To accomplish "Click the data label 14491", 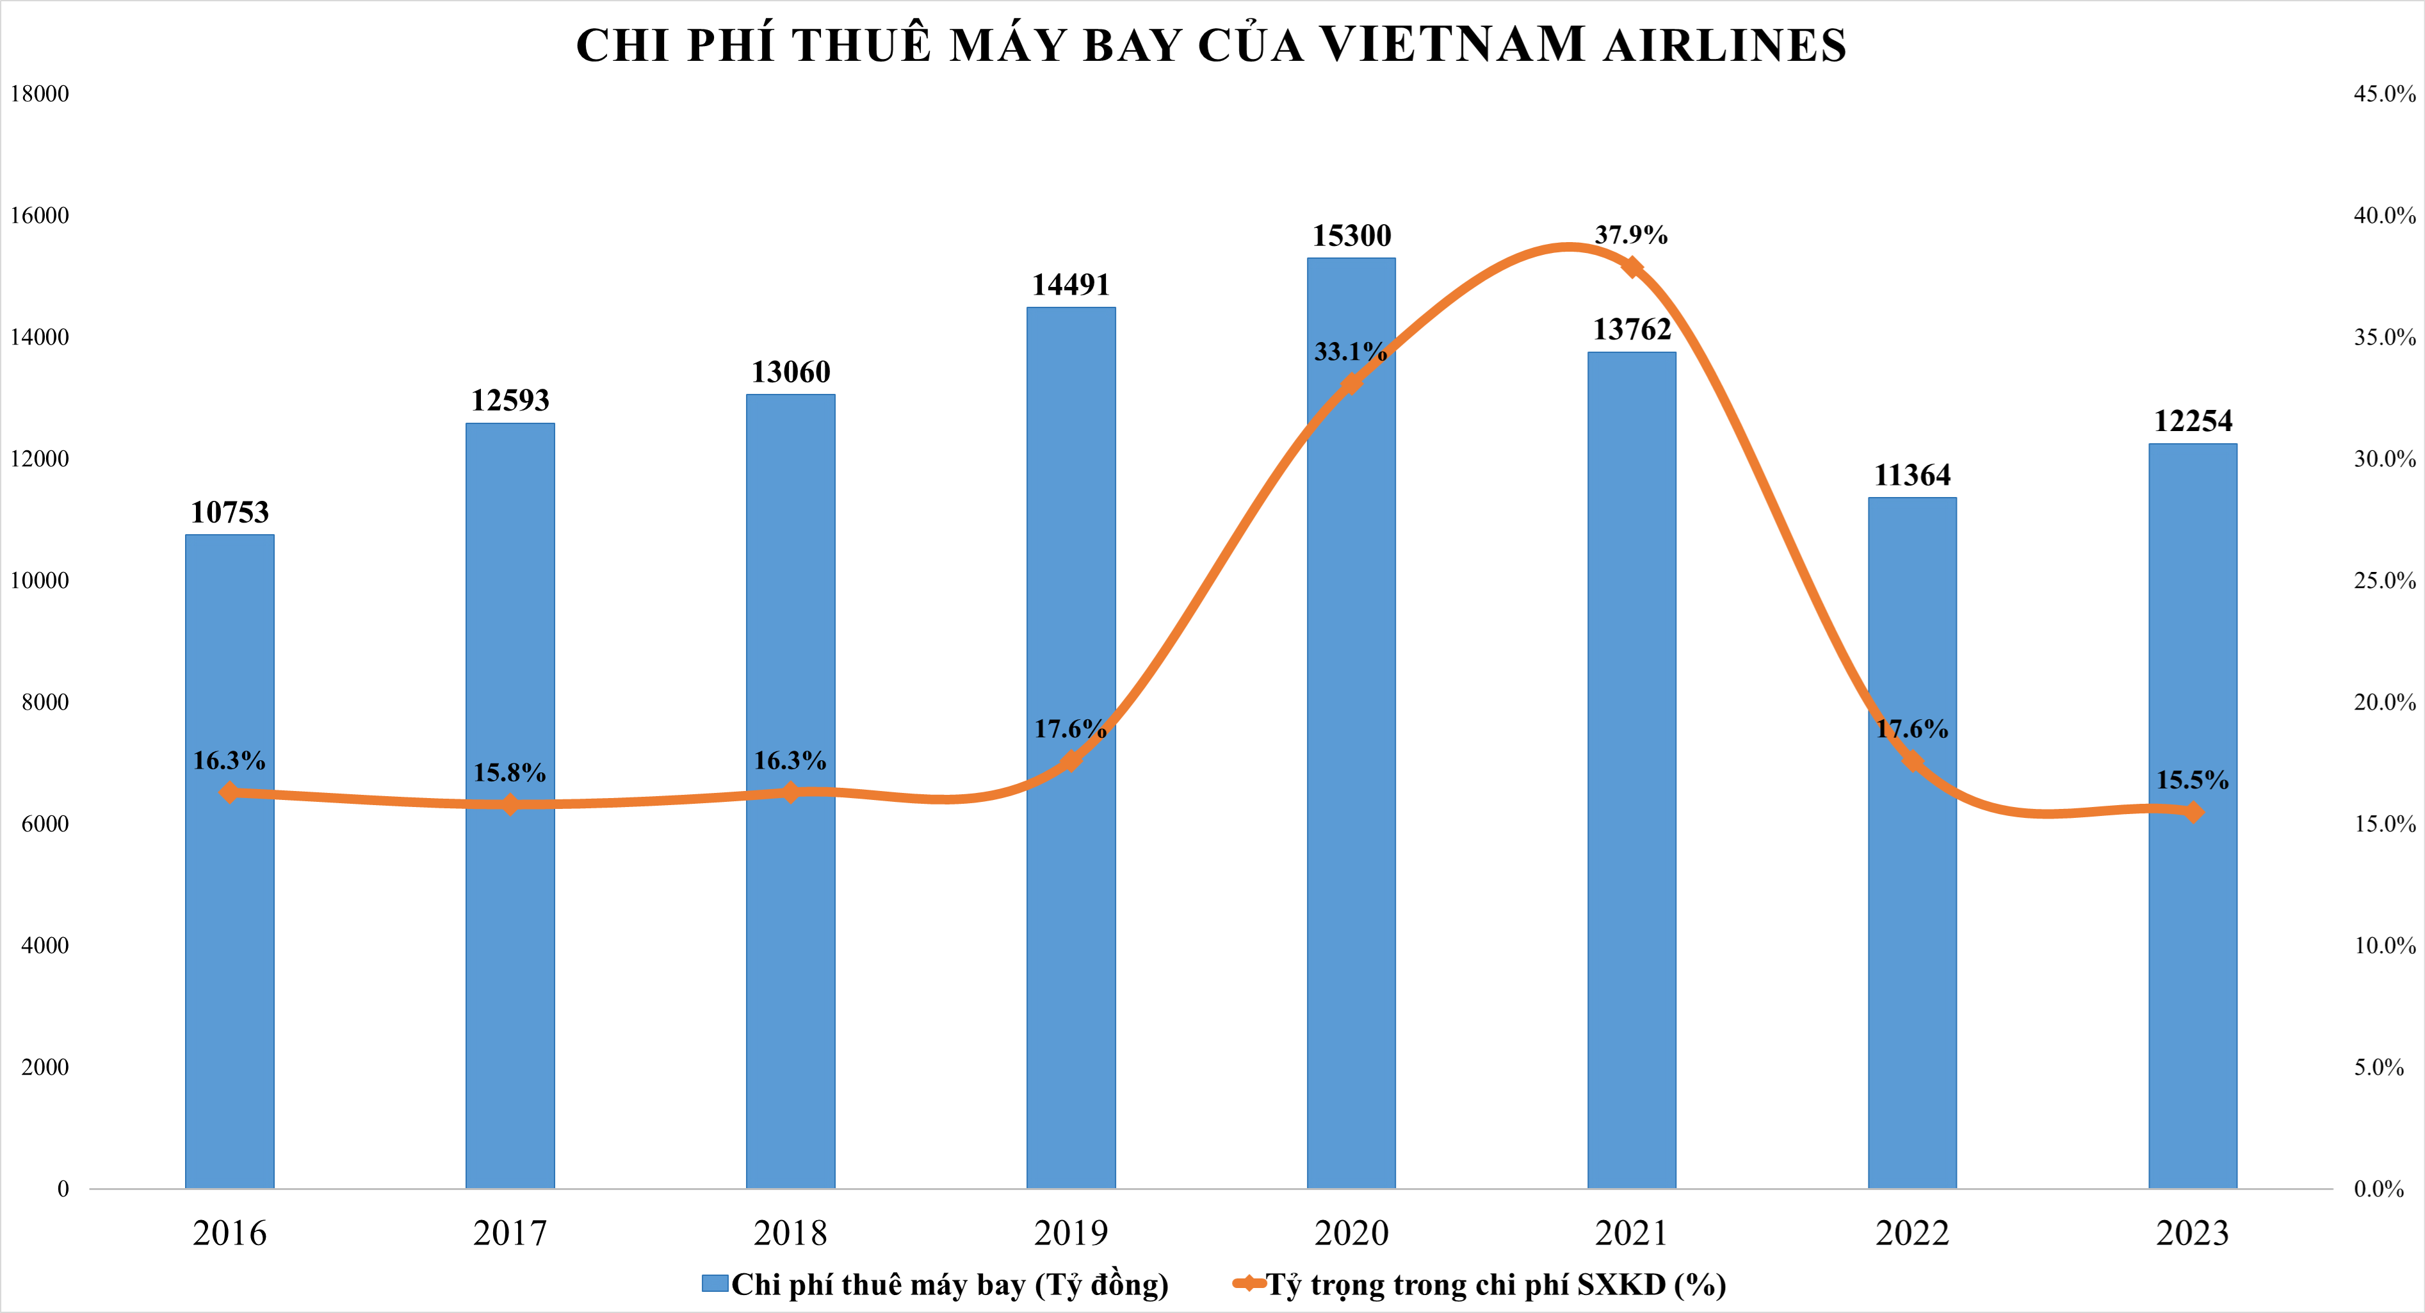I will coord(1071,284).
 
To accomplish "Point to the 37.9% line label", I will coord(1630,234).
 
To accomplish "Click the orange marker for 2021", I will coord(1632,268).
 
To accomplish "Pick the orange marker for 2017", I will coord(509,804).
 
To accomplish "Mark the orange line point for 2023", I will coord(2193,811).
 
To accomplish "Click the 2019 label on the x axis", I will coord(1071,1233).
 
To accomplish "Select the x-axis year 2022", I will coord(1912,1233).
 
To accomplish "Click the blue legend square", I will coord(715,1284).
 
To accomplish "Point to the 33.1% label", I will coord(1350,352).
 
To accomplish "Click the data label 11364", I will coord(1912,475).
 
